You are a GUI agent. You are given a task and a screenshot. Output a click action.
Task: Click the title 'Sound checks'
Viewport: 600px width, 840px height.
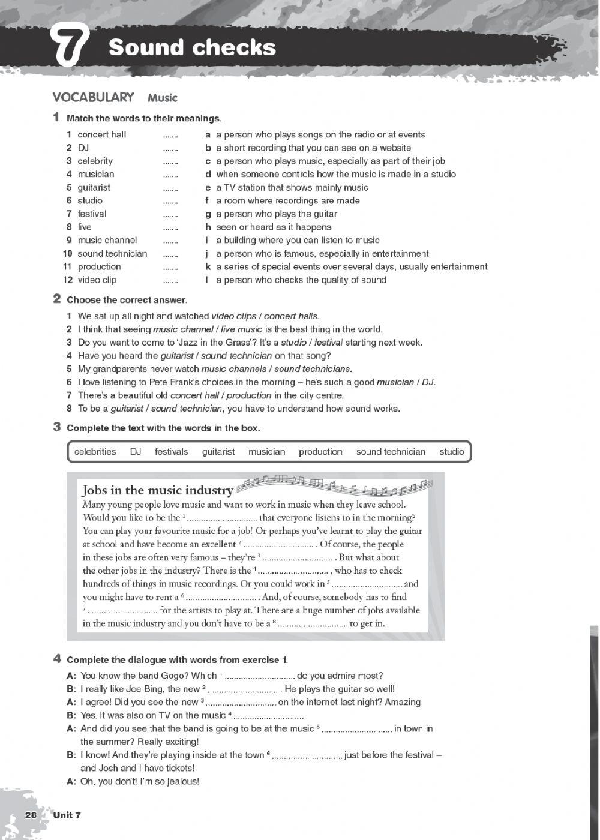[192, 47]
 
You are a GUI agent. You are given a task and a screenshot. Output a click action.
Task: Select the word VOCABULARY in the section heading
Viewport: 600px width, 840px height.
[93, 97]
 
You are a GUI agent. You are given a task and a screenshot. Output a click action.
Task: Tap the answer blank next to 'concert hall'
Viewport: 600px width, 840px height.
[170, 136]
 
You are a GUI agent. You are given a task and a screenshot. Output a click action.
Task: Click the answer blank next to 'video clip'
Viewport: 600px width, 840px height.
[170, 281]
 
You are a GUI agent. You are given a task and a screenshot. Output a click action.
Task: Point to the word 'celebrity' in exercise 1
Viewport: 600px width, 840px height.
[95, 161]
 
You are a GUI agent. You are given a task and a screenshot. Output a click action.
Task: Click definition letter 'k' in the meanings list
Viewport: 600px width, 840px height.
[208, 266]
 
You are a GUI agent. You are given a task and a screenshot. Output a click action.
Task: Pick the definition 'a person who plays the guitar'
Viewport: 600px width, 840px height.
[276, 214]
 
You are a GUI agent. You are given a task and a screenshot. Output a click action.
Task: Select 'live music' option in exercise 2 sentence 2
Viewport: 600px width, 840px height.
[242, 329]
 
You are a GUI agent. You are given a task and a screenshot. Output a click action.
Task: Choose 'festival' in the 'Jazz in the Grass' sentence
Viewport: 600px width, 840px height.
[328, 342]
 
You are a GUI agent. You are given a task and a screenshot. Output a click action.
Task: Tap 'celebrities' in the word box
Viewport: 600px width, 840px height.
[95, 452]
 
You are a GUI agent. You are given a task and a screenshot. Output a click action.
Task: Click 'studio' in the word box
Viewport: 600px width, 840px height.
[451, 452]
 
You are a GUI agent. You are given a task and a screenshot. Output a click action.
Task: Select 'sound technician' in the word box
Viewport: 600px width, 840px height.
[391, 452]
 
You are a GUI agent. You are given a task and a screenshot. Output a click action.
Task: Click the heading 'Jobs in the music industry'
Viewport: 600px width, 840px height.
[157, 490]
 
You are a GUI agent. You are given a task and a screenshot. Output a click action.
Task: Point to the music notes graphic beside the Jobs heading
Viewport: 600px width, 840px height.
[333, 485]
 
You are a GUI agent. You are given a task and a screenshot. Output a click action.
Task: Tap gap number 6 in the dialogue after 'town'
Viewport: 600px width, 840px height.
[307, 756]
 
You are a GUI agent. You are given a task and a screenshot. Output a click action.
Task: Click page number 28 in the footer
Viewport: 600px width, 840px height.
[31, 815]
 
